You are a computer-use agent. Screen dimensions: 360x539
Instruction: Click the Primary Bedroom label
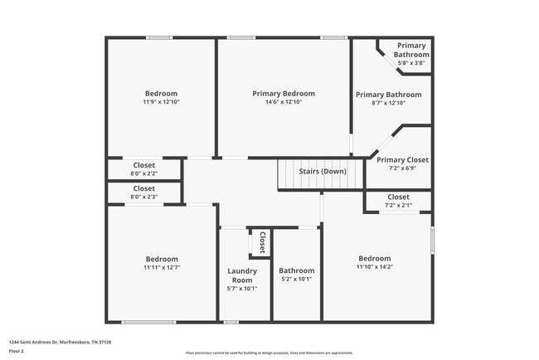click(x=284, y=94)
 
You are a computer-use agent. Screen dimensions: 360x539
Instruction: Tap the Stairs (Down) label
click(x=323, y=171)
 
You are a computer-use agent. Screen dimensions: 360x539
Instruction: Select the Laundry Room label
click(x=242, y=275)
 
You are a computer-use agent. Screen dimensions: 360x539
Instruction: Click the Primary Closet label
click(x=402, y=159)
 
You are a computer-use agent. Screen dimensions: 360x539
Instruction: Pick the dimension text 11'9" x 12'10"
click(x=161, y=102)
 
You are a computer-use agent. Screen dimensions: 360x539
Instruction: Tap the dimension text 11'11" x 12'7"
click(x=161, y=268)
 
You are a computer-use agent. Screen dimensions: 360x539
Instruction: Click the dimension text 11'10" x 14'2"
click(x=374, y=267)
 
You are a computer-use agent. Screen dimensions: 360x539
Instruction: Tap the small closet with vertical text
click(x=261, y=243)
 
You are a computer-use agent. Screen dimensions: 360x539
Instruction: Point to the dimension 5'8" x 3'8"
click(x=411, y=63)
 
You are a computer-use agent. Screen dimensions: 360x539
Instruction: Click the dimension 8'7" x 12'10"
click(x=388, y=103)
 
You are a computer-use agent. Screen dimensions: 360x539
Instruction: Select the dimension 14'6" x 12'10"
click(x=284, y=102)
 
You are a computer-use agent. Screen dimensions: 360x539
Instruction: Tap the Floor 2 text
click(x=16, y=351)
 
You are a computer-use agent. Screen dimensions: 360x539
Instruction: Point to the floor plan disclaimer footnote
click(x=269, y=353)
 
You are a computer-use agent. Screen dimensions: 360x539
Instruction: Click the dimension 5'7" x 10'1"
click(x=242, y=289)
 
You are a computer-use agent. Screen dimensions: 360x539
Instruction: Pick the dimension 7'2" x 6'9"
click(x=402, y=168)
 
